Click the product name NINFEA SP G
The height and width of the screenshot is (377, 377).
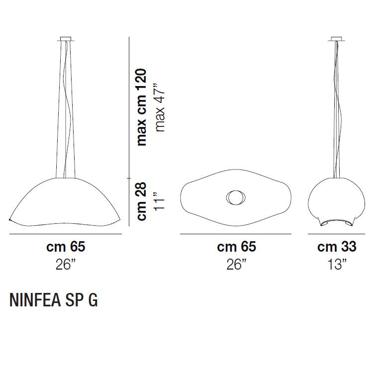point(54,300)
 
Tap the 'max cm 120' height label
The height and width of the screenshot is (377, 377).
point(141,107)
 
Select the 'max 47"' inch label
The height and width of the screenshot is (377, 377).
point(160,107)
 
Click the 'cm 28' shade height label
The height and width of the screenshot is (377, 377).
point(141,201)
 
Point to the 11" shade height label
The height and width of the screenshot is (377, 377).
point(160,201)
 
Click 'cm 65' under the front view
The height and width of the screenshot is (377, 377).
point(66,247)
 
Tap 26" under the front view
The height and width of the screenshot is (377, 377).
point(66,265)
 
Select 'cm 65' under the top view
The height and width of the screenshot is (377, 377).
point(236,247)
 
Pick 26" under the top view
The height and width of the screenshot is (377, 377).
point(237,265)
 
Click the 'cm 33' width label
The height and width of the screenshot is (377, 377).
point(337,247)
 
